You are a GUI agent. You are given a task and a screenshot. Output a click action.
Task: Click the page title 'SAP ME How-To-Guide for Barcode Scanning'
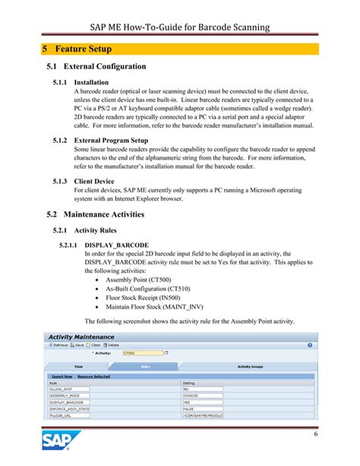(180, 28)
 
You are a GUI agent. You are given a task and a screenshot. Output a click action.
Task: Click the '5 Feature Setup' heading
(77, 49)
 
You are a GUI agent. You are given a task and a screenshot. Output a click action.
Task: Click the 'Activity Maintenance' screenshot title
(81, 337)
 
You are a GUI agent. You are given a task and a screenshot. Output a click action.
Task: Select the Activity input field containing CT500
(141, 353)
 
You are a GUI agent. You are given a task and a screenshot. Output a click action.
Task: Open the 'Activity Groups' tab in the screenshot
(254, 366)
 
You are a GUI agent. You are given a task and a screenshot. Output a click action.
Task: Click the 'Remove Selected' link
(93, 376)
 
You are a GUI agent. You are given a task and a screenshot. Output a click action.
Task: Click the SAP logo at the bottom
(61, 442)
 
